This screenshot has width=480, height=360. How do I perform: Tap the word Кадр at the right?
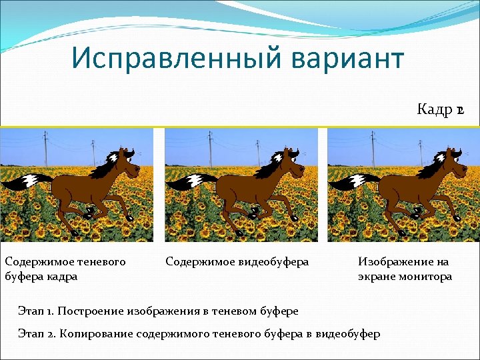pos(435,109)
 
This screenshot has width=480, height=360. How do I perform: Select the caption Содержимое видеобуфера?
pos(237,262)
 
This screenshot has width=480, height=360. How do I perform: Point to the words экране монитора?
pos(405,276)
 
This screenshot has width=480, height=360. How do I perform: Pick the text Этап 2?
pos(38,333)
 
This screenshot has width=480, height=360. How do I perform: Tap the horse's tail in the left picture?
pos(27,181)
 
